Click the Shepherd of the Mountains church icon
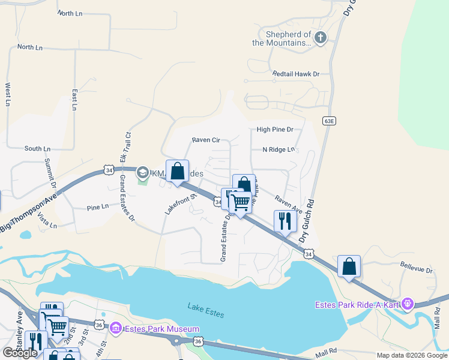tap(321, 38)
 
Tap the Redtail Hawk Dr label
tap(296, 74)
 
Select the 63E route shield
tap(328, 121)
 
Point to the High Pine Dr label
tap(274, 129)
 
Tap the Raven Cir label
tap(206, 140)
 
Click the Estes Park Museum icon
tap(116, 328)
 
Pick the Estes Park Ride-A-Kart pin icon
tap(408, 304)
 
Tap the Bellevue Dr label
tap(416, 271)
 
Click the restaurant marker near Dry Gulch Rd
tap(285, 221)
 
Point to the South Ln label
tap(37, 148)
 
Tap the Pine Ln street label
tap(97, 206)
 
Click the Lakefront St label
tap(181, 205)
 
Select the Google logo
tap(20, 352)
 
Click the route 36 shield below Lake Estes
tap(199, 341)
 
